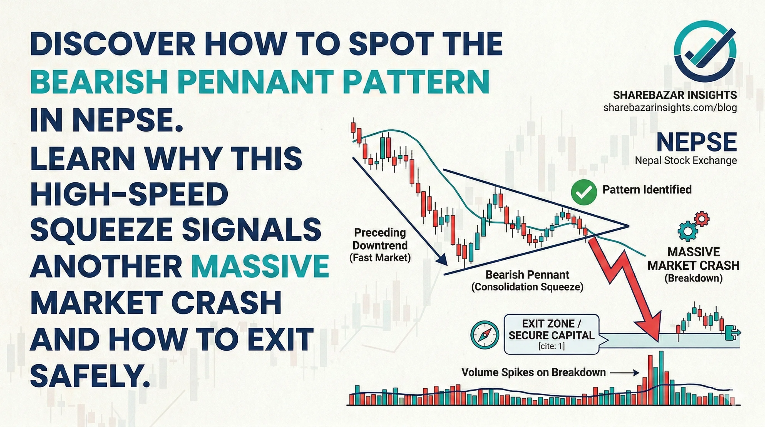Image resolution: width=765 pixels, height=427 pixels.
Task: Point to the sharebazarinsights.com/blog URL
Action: pyautogui.click(x=670, y=107)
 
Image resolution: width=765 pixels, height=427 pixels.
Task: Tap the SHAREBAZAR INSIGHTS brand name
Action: pyautogui.click(x=675, y=95)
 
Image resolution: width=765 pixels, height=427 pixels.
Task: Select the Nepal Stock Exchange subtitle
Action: pyautogui.click(x=686, y=161)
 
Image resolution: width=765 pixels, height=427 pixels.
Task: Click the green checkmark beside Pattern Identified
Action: pyautogui.click(x=584, y=192)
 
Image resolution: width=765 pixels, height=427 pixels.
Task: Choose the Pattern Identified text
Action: pyautogui.click(x=647, y=189)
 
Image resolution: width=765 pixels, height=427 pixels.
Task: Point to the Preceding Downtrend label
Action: pyautogui.click(x=380, y=245)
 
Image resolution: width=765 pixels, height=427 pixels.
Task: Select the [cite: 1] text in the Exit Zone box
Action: pyautogui.click(x=552, y=346)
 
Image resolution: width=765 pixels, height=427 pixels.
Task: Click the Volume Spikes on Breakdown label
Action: pyautogui.click(x=533, y=372)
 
